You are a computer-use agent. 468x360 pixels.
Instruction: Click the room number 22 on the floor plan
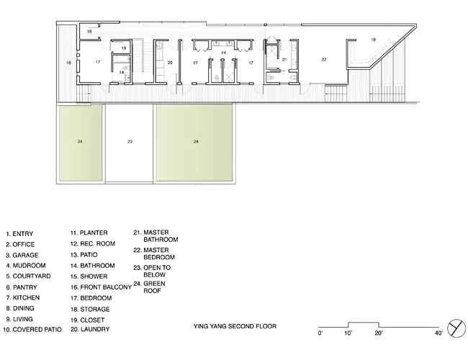coord(324,60)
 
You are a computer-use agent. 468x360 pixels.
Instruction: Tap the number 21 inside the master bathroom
coord(284,60)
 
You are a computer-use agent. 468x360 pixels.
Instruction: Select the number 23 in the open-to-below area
coord(130,142)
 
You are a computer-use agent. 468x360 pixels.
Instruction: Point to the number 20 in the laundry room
coord(170,63)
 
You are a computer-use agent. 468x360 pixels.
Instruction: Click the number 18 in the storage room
coord(89,32)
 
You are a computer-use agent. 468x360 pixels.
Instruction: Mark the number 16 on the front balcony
coord(68,63)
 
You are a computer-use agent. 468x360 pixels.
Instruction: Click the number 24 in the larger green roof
coord(196,142)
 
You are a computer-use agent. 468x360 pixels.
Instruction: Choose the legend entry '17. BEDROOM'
coord(91,298)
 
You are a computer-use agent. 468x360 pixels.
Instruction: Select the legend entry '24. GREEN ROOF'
coord(150,287)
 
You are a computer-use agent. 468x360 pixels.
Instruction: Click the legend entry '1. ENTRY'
coord(19,234)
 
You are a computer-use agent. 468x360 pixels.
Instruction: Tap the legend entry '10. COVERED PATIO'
coord(32,330)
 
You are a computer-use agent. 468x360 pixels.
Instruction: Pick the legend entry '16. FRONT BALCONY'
coord(101,287)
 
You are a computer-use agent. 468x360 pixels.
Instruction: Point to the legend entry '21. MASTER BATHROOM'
coord(156,236)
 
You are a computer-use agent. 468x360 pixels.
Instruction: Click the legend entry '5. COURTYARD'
coord(28,276)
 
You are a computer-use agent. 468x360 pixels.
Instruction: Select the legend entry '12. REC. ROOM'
coord(93,243)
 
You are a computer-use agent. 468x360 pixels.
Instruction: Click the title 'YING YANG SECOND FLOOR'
coord(235,326)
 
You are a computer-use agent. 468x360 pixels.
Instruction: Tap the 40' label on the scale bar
coord(438,333)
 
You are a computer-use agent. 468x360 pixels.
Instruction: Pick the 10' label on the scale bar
coord(348,333)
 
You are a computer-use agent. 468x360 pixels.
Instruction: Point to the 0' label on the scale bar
coord(320,333)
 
